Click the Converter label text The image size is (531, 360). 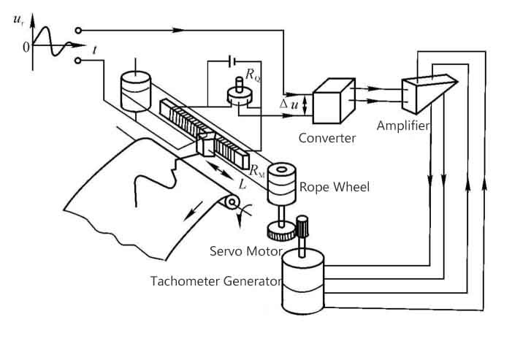tap(326, 137)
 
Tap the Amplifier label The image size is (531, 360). tap(402, 125)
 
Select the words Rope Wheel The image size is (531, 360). tap(335, 187)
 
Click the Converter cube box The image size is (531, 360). tap(332, 104)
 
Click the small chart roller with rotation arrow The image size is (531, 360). tap(233, 202)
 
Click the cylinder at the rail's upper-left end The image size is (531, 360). tap(134, 90)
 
